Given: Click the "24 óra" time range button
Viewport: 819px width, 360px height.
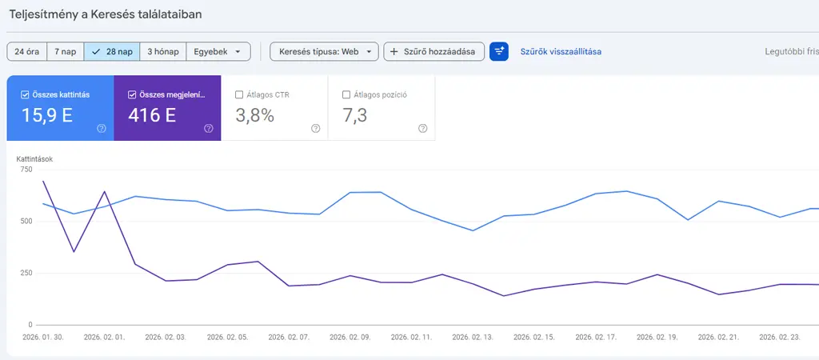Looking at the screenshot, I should (27, 51).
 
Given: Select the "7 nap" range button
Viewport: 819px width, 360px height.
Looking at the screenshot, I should (66, 51).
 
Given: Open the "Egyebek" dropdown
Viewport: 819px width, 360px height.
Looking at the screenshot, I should (218, 51).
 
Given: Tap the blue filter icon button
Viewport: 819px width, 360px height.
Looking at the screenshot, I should (499, 51).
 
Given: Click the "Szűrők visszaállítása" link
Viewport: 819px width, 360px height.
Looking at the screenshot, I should (561, 51).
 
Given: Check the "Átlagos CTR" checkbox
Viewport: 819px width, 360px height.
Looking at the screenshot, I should (240, 94).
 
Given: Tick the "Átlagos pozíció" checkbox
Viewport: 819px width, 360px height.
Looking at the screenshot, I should (346, 94).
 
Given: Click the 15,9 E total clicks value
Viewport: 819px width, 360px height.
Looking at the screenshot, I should (47, 115).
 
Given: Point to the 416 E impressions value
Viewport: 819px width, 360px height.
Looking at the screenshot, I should (152, 115).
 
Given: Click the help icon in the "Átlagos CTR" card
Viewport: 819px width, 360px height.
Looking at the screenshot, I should (315, 128).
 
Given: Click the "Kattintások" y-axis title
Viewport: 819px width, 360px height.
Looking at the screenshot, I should (35, 159).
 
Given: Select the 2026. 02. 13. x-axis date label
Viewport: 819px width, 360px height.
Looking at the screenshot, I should (473, 338).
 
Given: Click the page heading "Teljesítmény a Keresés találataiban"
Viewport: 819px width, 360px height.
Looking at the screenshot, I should (106, 15).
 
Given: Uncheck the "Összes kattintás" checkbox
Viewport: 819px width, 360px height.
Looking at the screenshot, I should (26, 94).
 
